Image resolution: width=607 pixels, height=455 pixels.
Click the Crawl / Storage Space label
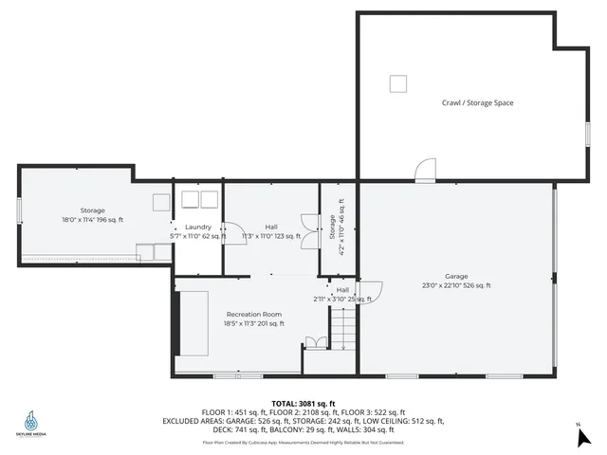(x=477, y=102)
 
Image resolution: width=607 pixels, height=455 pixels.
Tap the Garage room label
(x=456, y=277)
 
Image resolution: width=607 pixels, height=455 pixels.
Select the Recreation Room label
(x=253, y=314)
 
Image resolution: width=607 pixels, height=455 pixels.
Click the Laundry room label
(x=198, y=227)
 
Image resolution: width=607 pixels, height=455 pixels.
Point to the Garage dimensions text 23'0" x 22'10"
(x=456, y=285)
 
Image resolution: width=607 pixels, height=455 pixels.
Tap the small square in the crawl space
(x=398, y=83)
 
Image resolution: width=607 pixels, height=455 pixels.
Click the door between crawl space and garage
(x=425, y=171)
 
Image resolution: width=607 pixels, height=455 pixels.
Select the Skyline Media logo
(x=31, y=420)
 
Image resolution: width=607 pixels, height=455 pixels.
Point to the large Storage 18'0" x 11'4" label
(x=92, y=215)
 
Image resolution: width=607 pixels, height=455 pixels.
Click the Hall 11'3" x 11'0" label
(x=271, y=231)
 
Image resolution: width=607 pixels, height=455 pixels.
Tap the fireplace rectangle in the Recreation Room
(x=194, y=322)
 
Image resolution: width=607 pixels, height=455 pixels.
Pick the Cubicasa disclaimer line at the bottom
(x=303, y=442)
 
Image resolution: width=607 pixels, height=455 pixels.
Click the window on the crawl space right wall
(x=588, y=133)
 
